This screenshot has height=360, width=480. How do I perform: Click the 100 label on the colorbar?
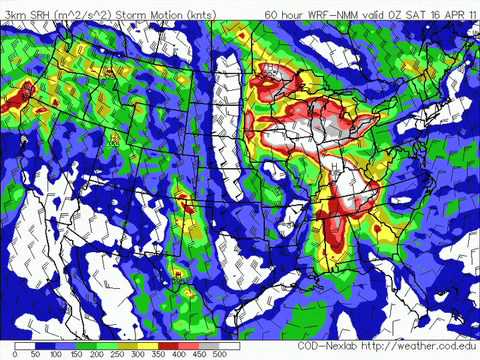click(x=56, y=354)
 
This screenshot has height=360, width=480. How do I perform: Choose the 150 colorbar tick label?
click(x=79, y=354)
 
